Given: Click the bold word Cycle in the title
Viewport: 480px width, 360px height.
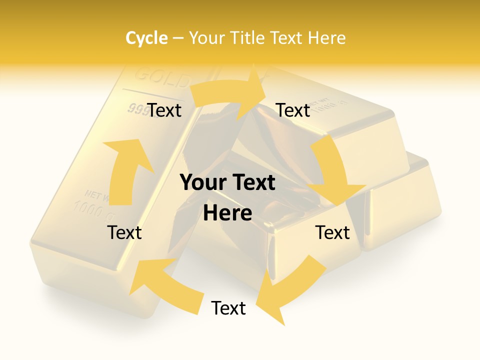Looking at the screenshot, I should click(146, 38).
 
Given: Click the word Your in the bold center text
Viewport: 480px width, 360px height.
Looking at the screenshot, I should click(202, 182).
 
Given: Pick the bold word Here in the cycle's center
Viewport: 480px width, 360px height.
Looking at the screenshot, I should click(227, 213).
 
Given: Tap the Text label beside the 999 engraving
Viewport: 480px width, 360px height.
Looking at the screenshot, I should click(164, 110).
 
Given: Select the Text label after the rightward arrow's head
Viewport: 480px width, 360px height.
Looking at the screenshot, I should click(293, 110).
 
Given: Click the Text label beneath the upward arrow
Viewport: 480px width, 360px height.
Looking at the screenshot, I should click(124, 232).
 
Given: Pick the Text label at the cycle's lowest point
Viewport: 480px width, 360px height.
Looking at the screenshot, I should click(228, 308).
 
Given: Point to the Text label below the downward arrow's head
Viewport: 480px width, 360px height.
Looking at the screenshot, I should click(332, 232).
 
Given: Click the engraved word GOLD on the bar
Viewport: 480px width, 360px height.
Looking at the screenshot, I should click(163, 78).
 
